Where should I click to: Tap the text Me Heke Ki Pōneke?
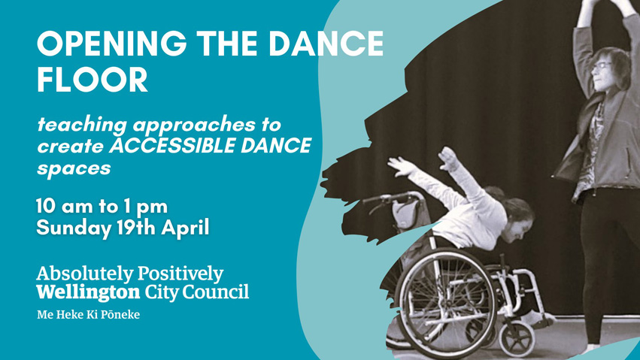88,314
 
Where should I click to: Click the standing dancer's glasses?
602,65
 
